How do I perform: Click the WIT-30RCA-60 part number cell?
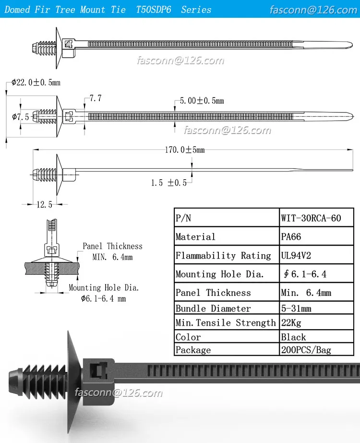click(311, 218)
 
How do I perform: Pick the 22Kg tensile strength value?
click(291, 323)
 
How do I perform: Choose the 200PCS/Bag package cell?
click(306, 350)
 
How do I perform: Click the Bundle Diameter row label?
click(213, 308)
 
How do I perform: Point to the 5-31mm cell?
click(296, 308)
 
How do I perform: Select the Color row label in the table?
click(188, 337)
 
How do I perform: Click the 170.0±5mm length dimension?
click(185, 150)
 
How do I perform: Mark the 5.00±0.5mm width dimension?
click(202, 101)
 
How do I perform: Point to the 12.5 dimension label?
click(44, 205)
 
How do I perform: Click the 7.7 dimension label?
click(96, 98)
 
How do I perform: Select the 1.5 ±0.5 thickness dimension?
click(168, 183)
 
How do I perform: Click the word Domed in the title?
click(17, 10)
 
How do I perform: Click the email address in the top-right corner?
click(313, 10)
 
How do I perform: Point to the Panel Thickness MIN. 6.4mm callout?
click(112, 251)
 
